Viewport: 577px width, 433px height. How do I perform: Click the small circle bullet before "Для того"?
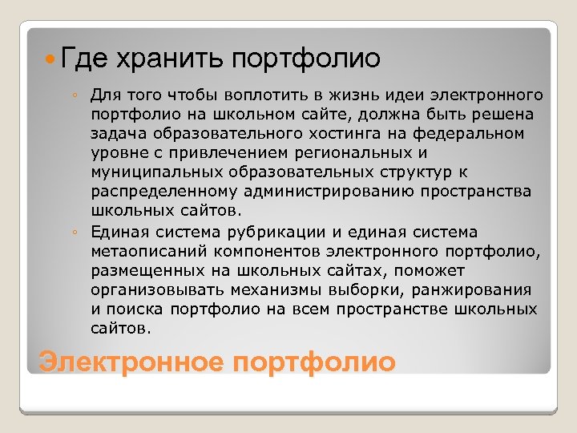tap(74, 96)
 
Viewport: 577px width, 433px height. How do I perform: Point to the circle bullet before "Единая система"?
tap(74, 233)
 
